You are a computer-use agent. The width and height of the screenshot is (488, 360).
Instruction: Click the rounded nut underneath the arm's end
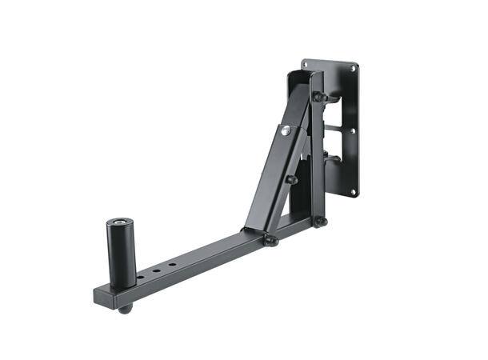pos(123,308)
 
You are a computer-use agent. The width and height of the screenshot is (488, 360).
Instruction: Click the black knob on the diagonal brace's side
pos(292,179)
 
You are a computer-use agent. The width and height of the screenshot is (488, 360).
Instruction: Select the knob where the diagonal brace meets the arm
pos(271,238)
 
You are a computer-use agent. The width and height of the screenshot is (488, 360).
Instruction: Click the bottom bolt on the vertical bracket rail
pos(320,221)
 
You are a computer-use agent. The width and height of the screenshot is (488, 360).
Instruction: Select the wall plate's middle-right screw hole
pos(353,131)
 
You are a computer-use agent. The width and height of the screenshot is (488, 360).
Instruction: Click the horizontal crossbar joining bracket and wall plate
pos(339,127)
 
